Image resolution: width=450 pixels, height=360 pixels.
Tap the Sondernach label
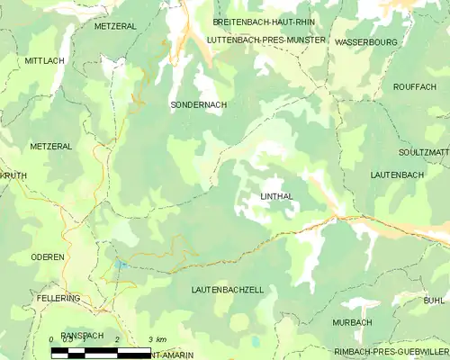click(198, 105)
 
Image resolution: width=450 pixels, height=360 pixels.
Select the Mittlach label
click(44, 60)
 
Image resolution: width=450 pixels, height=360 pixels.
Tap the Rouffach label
click(414, 86)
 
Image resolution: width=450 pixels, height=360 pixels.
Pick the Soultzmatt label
click(422, 153)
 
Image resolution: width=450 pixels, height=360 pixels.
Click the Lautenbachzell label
click(228, 290)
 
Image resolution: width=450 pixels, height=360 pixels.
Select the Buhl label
click(434, 300)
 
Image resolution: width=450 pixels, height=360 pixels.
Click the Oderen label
click(47, 257)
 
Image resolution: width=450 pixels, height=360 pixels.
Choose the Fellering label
click(58, 298)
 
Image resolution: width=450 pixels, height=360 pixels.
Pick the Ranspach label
click(82, 336)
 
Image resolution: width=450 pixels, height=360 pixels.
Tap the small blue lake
click(120, 265)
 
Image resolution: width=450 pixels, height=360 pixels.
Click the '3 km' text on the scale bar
click(157, 338)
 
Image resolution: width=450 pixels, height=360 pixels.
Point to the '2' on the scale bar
click(117, 338)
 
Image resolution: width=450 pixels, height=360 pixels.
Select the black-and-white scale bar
click(101, 351)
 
